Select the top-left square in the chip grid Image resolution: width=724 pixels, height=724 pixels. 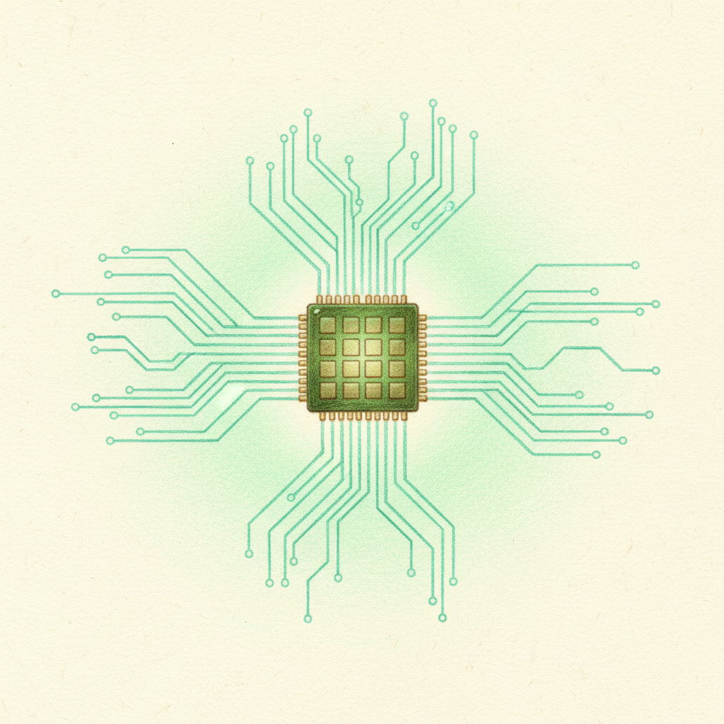pos(327,325)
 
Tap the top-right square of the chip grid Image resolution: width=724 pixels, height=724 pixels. pos(397,325)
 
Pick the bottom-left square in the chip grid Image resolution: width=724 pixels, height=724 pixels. pos(327,390)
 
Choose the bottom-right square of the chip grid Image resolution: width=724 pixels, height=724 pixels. pos(397,390)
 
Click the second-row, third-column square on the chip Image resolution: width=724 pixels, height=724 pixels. pos(373,346)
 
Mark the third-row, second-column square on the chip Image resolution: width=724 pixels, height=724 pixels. pos(351,368)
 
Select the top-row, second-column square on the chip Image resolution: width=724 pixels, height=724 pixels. pos(351,325)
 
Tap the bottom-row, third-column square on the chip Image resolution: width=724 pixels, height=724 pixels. pos(373,390)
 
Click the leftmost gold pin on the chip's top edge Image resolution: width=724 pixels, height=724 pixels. pos(320,300)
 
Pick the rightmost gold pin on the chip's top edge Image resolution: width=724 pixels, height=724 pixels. pos(404,300)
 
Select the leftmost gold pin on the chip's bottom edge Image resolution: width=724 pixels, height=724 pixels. pos(322,416)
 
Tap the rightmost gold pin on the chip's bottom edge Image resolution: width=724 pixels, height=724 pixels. pos(404,416)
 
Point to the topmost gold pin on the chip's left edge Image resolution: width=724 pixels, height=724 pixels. pos(303,318)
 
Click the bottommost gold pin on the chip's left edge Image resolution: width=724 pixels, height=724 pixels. pos(303,398)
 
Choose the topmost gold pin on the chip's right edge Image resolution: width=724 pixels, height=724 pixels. pos(422,318)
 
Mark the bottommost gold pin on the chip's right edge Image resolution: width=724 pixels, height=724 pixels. pos(422,398)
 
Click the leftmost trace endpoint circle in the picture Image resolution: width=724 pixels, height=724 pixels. pos(55,293)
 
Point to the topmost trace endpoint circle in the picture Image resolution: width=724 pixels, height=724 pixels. pos(433,103)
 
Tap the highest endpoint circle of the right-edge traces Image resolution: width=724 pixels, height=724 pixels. pos(635,265)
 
